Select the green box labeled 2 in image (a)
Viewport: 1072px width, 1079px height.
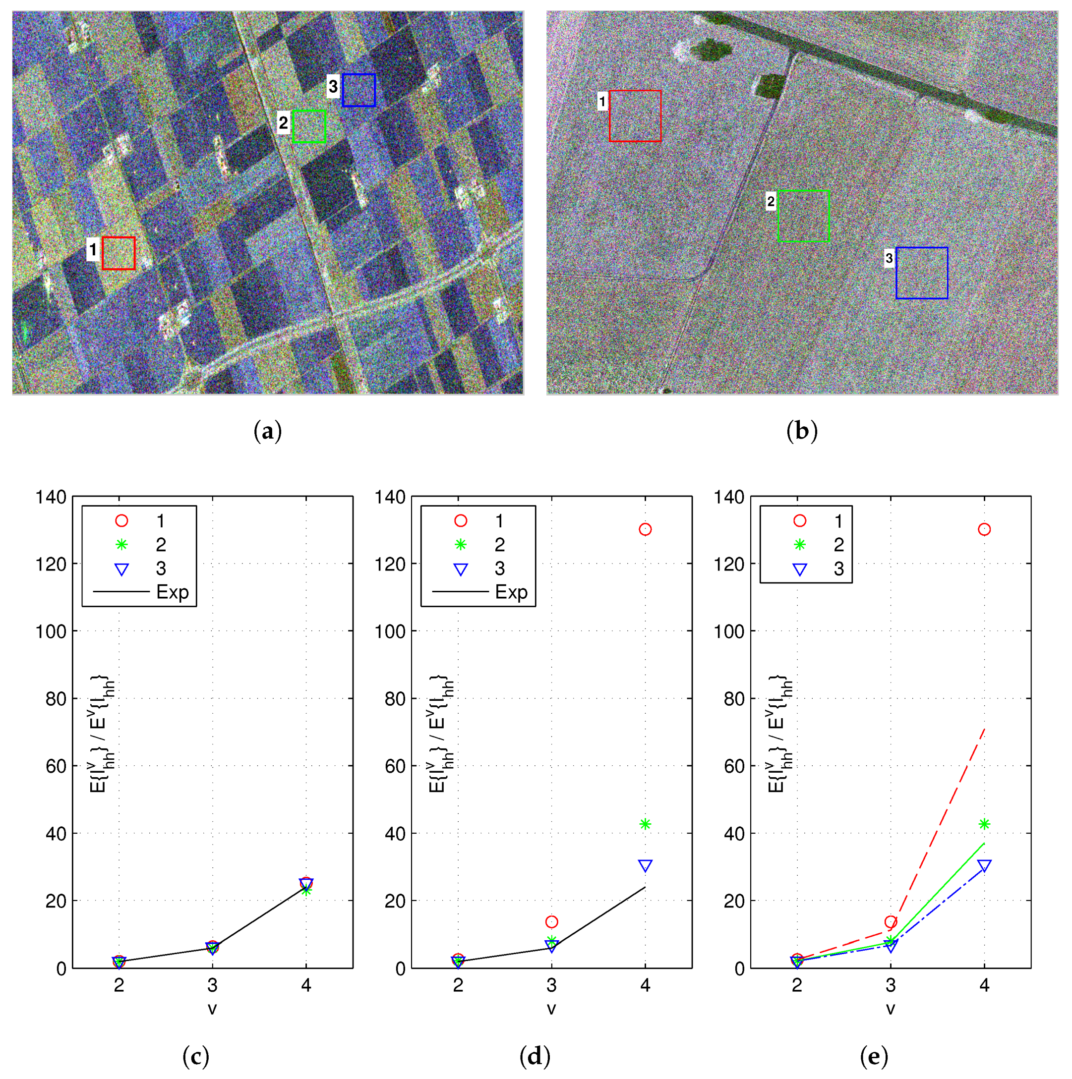309,126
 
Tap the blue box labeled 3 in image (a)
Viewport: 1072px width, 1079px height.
358,90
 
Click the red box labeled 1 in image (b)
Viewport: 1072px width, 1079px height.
635,116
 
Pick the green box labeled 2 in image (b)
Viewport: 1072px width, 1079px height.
803,216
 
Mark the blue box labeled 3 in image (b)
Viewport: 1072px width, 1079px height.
922,273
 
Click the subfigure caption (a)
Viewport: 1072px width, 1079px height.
268,431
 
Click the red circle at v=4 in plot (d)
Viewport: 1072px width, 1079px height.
645,529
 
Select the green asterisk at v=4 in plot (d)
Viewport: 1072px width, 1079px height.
645,824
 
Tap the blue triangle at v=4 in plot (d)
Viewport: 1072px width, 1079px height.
645,866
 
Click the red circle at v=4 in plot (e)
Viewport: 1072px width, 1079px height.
984,529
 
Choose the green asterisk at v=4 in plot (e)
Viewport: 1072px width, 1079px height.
984,824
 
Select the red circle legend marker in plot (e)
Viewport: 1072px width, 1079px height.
800,520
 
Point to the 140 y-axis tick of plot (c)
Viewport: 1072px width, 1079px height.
51,497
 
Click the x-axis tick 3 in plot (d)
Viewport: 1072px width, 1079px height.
551,985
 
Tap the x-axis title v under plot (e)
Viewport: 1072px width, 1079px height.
891,1009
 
